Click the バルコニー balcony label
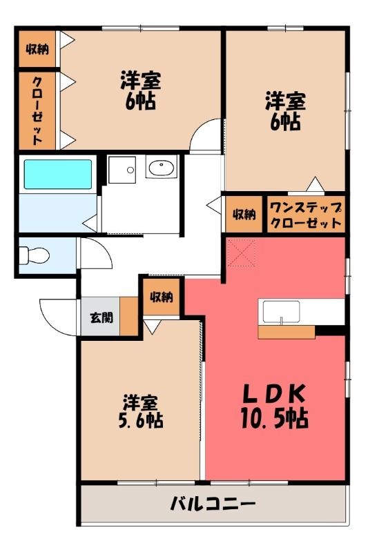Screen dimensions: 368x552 click(213, 504)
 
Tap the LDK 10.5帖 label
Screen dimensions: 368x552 click(275, 406)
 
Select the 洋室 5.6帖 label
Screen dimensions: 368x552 click(141, 411)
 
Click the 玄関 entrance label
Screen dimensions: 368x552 click(101, 317)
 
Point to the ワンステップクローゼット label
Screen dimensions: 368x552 click(306, 215)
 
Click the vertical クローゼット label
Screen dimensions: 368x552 click(37, 110)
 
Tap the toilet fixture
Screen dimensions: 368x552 click(33, 255)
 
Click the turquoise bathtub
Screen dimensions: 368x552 click(58, 174)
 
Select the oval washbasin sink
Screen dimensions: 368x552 click(162, 168)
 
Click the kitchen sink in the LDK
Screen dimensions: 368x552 click(282, 312)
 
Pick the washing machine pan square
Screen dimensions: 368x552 click(122, 170)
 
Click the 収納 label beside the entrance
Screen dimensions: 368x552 click(162, 297)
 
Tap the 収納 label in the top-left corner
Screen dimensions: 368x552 click(37, 49)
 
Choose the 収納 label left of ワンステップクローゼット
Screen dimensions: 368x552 click(244, 214)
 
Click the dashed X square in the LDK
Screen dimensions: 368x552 click(241, 253)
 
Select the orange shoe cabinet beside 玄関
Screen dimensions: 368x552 click(129, 316)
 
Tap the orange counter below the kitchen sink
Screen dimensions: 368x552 click(287, 332)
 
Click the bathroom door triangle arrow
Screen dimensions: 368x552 click(90, 223)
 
